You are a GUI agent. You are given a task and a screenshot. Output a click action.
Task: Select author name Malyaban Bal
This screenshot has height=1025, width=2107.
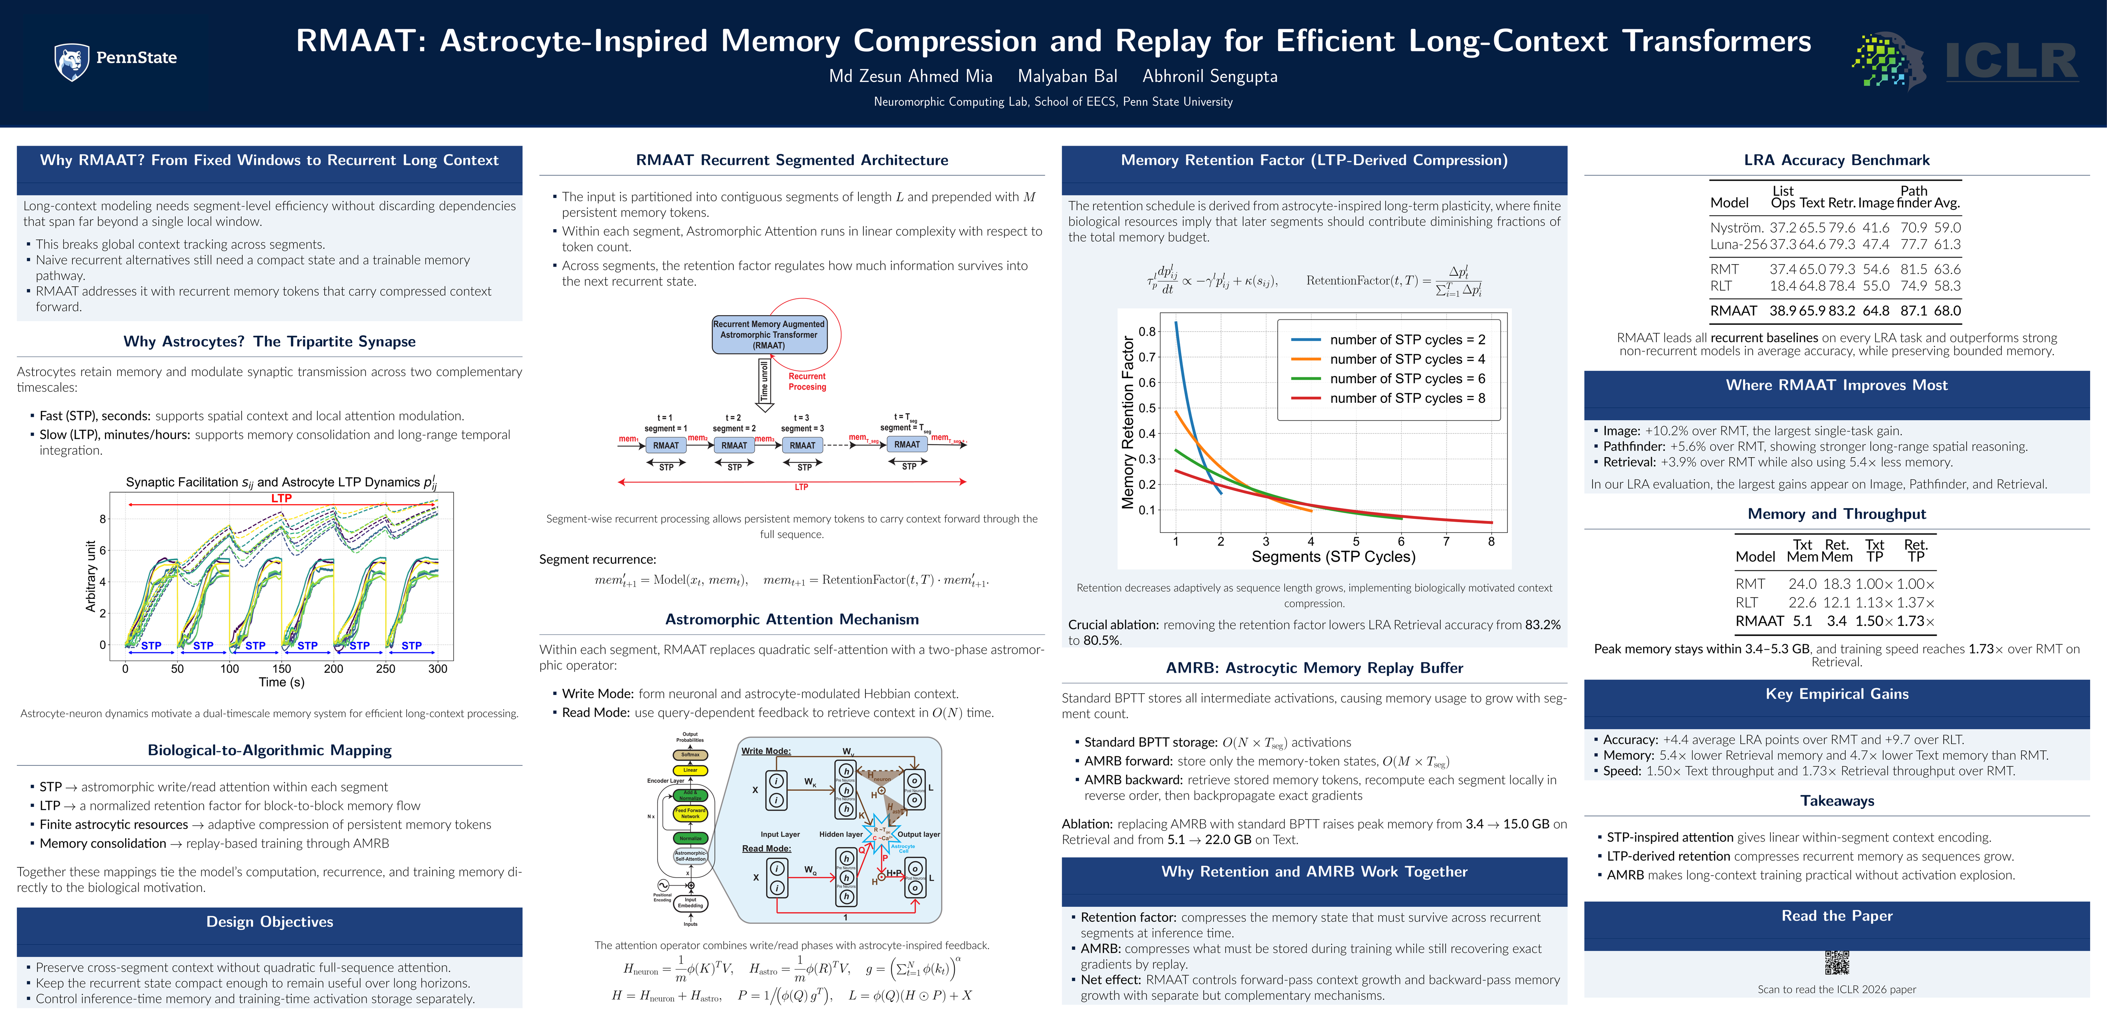point(1067,76)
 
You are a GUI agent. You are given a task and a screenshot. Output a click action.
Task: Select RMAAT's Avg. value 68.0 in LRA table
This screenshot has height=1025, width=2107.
point(1947,311)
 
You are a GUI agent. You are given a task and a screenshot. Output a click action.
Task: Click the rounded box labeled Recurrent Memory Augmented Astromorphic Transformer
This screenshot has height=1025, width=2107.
point(769,335)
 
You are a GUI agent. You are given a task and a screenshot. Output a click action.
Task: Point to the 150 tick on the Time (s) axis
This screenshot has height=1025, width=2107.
point(281,668)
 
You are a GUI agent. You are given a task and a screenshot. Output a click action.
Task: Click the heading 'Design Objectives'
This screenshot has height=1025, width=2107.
point(269,921)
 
